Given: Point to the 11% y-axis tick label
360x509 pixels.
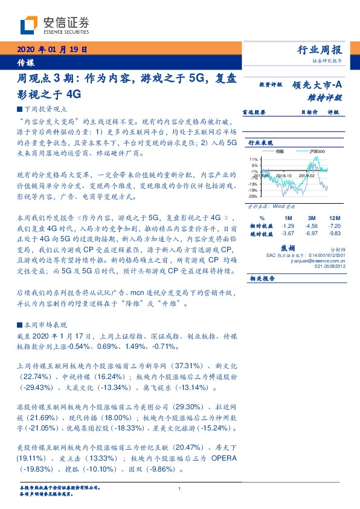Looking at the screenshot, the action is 254,159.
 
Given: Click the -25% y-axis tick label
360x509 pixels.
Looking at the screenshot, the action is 254,196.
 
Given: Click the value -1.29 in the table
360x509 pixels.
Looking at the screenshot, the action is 288,225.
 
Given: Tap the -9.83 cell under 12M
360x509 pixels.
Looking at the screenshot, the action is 335,233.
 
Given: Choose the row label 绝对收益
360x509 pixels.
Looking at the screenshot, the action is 262,233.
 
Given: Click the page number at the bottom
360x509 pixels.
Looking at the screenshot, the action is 180,488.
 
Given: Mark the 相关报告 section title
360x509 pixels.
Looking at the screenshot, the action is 262,278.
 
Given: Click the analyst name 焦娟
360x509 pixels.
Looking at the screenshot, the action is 288,248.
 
